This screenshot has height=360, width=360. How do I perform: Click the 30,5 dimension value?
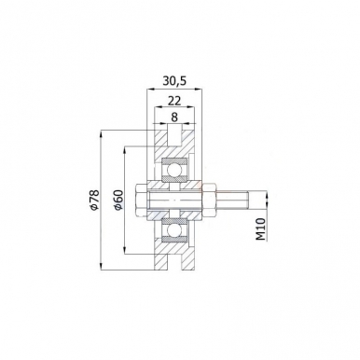click(x=173, y=80)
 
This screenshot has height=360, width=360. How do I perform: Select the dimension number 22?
click(x=173, y=101)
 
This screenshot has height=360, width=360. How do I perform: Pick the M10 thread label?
click(x=261, y=227)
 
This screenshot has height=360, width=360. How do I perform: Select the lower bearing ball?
click(x=174, y=230)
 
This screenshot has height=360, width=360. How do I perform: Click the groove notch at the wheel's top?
click(x=174, y=136)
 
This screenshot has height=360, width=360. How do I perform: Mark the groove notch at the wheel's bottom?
click(x=174, y=266)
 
